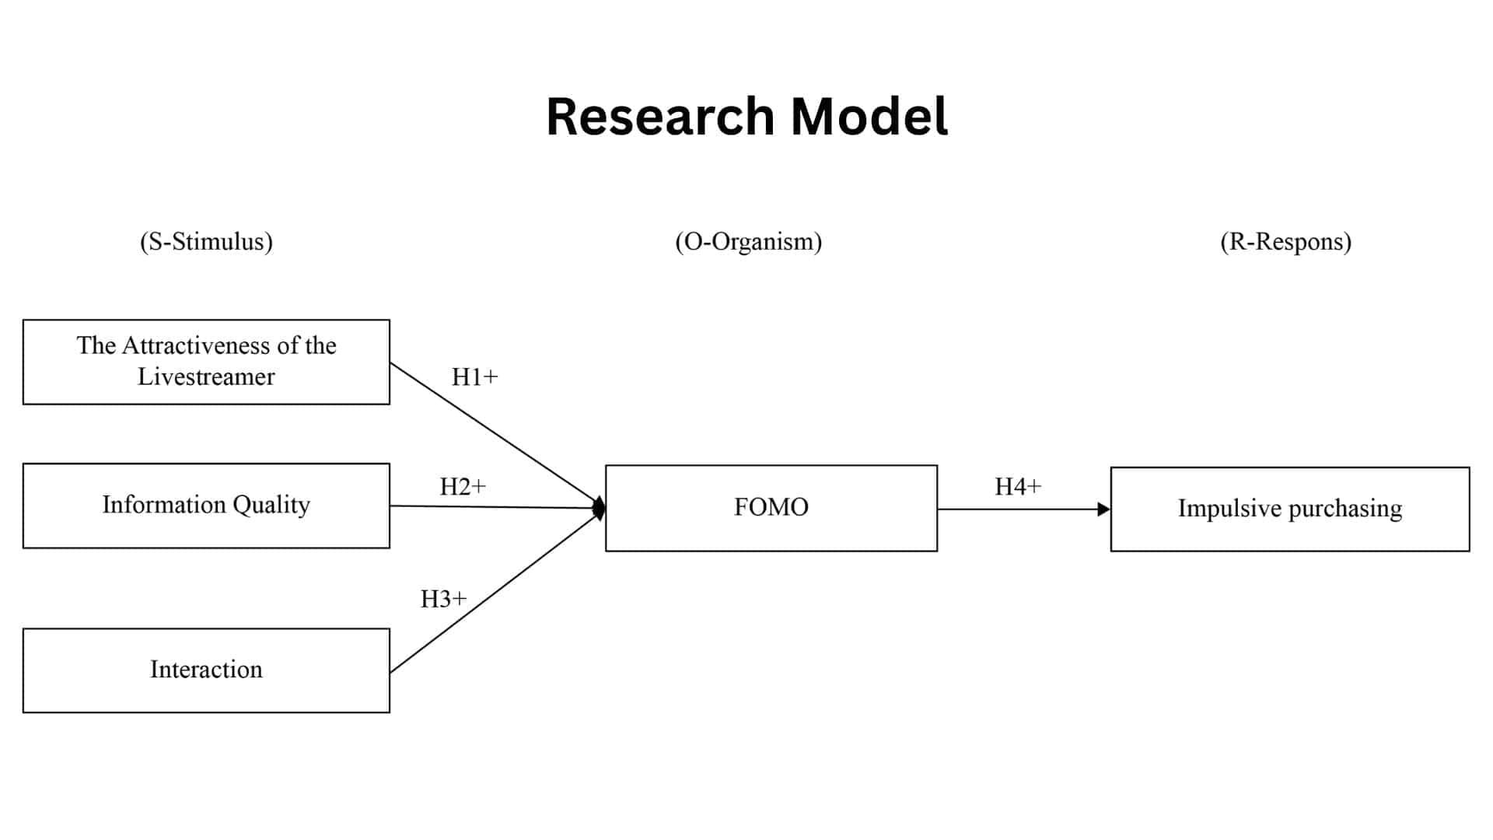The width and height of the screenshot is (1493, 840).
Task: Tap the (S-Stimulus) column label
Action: (206, 242)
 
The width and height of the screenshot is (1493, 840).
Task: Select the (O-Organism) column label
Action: (748, 242)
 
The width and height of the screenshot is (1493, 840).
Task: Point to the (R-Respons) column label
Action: (1285, 242)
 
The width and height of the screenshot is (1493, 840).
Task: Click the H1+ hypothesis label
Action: (474, 377)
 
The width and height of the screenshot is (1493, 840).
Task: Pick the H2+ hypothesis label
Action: (463, 487)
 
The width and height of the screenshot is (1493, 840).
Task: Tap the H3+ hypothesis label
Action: (443, 599)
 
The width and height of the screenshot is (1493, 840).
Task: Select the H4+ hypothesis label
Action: (1017, 487)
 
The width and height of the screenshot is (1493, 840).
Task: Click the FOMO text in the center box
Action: (771, 507)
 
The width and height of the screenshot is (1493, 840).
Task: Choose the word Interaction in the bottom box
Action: (206, 670)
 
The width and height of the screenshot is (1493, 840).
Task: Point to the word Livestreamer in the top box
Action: (206, 377)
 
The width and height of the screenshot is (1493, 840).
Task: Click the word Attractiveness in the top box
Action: (210, 345)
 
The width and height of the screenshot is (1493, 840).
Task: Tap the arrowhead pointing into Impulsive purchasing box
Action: (1103, 509)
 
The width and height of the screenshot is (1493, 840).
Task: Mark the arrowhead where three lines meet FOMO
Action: (599, 509)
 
